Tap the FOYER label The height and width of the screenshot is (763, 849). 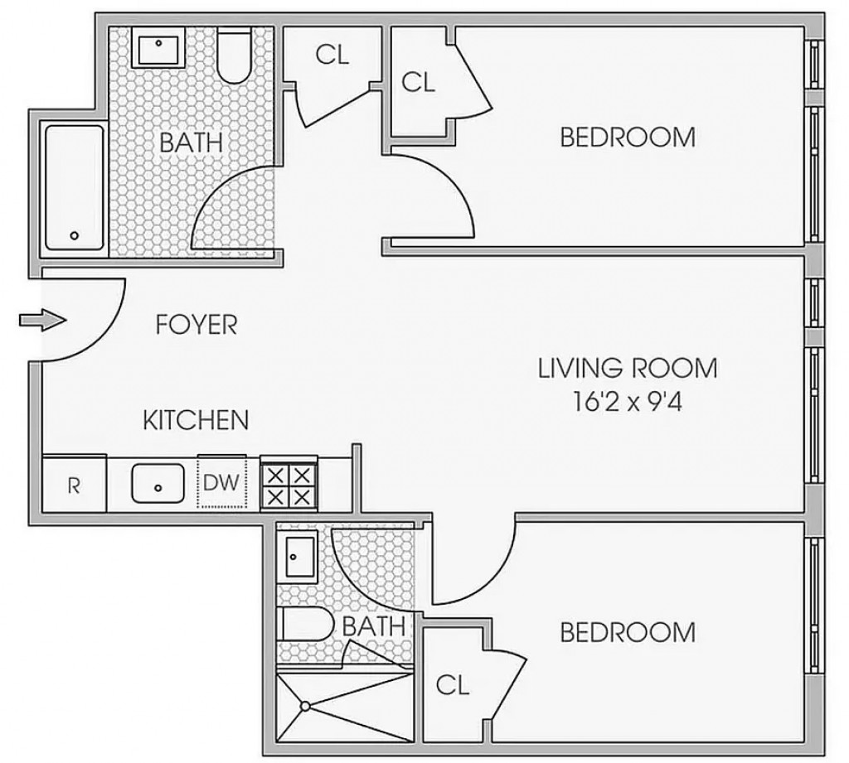[x=196, y=325]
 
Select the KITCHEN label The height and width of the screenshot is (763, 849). [x=196, y=420]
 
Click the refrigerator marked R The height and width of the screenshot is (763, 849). [x=73, y=485]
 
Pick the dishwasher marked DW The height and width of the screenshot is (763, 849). [x=221, y=483]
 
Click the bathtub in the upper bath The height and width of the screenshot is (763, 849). [x=74, y=187]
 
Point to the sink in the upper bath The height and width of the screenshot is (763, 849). [x=160, y=50]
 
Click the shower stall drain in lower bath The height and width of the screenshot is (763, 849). [x=305, y=706]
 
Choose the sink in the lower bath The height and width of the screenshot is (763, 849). [x=298, y=560]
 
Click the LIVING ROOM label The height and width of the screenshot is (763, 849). [x=628, y=367]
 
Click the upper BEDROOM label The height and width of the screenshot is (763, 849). [x=628, y=137]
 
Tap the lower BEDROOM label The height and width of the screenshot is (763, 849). [x=628, y=633]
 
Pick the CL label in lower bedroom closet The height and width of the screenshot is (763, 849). [x=453, y=685]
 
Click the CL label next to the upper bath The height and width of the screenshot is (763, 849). [x=332, y=55]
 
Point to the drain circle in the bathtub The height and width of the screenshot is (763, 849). [x=75, y=235]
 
